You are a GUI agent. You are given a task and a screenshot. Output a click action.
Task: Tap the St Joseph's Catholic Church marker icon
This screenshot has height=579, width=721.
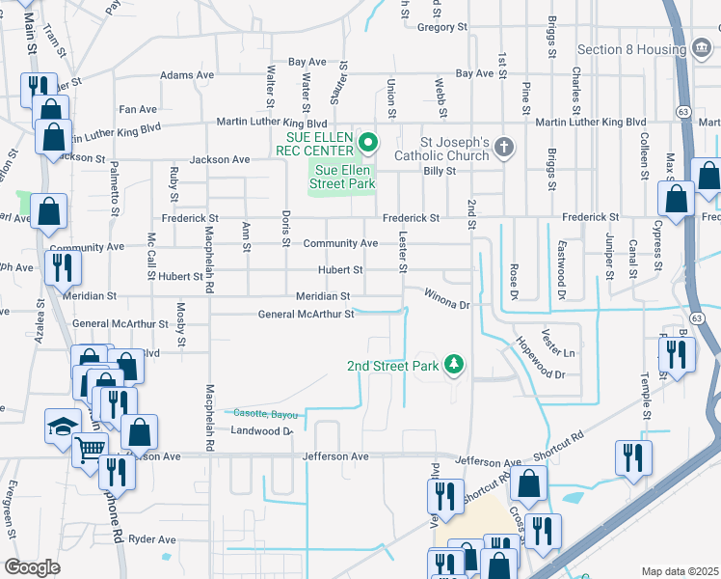pyautogui.click(x=503, y=149)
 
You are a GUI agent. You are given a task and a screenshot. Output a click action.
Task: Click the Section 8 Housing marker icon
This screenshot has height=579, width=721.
pyautogui.click(x=702, y=49)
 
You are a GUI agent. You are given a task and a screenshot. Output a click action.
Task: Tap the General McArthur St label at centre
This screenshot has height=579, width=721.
pyautogui.click(x=306, y=314)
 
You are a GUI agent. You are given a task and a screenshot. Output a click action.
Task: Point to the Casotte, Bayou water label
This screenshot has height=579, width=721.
pyautogui.click(x=263, y=413)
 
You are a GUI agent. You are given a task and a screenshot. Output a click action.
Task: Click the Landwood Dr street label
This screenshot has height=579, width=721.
pyautogui.click(x=261, y=430)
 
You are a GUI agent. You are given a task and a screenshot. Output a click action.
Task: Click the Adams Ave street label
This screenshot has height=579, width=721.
pyautogui.click(x=187, y=74)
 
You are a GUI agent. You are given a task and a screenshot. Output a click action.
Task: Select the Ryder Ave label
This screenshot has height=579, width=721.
pyautogui.click(x=152, y=539)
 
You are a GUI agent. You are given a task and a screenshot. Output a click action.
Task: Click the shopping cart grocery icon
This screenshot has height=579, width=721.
pyautogui.click(x=90, y=449)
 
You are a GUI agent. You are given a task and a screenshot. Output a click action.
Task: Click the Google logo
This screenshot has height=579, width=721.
pyautogui.click(x=32, y=567)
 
